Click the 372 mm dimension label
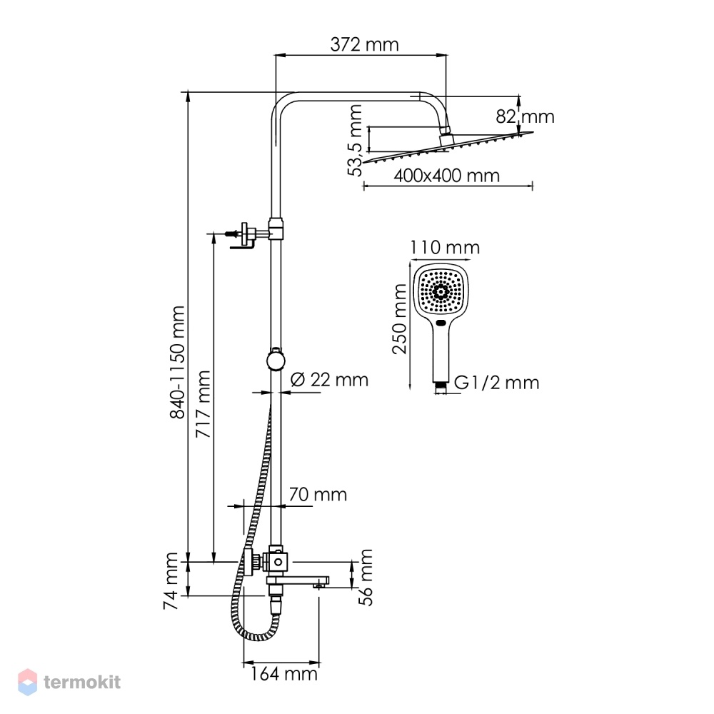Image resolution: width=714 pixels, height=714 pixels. click(x=364, y=44)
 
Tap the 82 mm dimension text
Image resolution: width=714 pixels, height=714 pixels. click(x=525, y=116)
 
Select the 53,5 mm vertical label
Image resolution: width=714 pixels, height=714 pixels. click(x=355, y=140)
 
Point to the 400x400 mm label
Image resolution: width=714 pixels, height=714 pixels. click(x=447, y=176)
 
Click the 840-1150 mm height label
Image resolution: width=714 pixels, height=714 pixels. click(x=177, y=362)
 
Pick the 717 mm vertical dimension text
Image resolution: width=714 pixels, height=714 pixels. click(x=203, y=404)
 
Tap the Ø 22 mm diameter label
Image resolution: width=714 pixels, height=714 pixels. click(x=329, y=379)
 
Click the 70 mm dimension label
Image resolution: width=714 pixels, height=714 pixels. click(x=318, y=494)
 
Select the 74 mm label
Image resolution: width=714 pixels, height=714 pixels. click(x=171, y=581)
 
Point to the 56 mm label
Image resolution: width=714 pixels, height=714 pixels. click(x=366, y=578)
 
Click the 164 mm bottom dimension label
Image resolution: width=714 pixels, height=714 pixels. click(x=283, y=674)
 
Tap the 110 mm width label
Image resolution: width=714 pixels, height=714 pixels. click(x=445, y=248)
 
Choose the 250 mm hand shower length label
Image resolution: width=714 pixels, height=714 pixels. click(x=399, y=318)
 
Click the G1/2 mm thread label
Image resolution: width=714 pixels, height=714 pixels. click(x=497, y=383)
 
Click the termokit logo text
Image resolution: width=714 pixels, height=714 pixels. click(x=82, y=682)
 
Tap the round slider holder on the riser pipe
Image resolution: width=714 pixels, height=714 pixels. click(x=276, y=360)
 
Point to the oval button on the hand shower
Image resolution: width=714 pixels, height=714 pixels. click(x=441, y=323)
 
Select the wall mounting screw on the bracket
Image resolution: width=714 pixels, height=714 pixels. click(x=232, y=234)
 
